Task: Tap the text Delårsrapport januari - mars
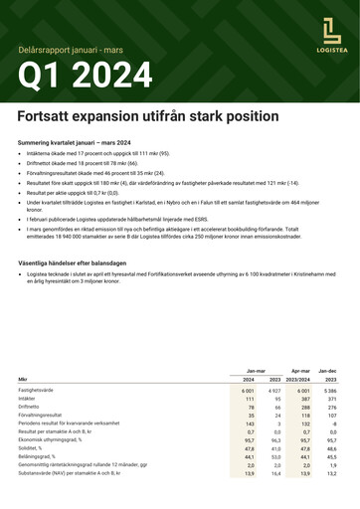point(69,48)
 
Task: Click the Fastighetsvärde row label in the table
point(37,393)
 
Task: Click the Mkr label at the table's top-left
point(23,379)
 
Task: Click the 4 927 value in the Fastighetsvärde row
point(275,393)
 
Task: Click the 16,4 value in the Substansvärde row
point(275,474)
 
